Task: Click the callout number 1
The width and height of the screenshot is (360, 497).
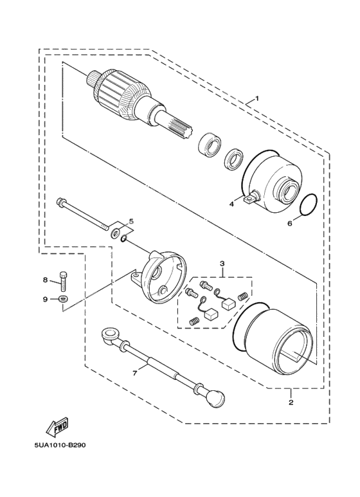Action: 257,98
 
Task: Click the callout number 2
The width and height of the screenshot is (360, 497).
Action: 291,402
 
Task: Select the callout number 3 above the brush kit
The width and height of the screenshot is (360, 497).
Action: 222,263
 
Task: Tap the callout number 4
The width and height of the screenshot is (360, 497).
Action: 231,204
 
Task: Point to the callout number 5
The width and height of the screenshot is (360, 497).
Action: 131,221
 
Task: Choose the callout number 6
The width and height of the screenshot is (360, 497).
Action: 289,224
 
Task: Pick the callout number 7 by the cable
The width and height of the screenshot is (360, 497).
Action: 135,374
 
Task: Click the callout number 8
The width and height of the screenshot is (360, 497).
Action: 45,280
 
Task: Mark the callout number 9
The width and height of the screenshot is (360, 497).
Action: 45,299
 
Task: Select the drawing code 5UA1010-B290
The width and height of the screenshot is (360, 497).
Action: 60,446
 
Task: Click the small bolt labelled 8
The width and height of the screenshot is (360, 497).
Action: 64,281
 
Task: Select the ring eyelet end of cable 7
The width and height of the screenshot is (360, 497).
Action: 110,335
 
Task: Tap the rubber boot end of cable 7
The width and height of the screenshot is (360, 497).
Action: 216,396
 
